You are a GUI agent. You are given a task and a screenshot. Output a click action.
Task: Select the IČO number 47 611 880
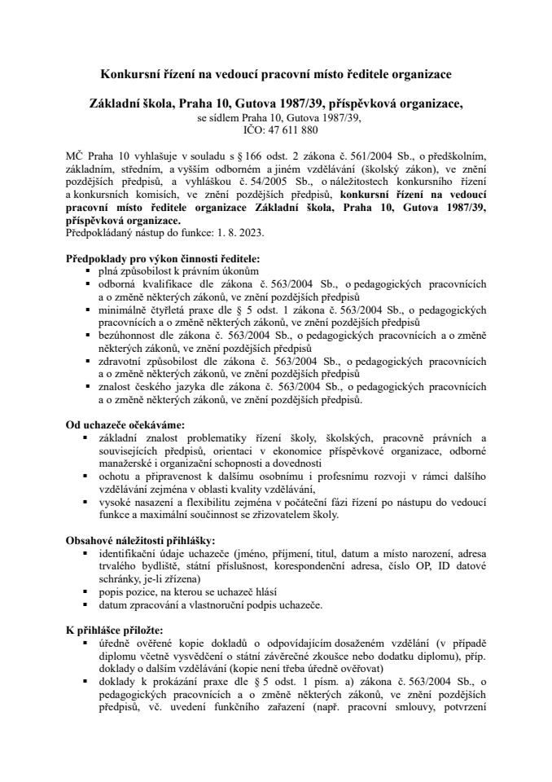coord(288,130)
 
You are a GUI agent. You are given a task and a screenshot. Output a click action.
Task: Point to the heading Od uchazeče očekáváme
coord(125,424)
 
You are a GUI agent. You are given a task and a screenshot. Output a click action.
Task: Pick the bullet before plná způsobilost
coord(87,270)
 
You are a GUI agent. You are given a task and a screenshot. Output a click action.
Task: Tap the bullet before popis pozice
coord(87,592)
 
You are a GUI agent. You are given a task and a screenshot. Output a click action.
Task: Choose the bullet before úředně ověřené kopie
coord(87,643)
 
